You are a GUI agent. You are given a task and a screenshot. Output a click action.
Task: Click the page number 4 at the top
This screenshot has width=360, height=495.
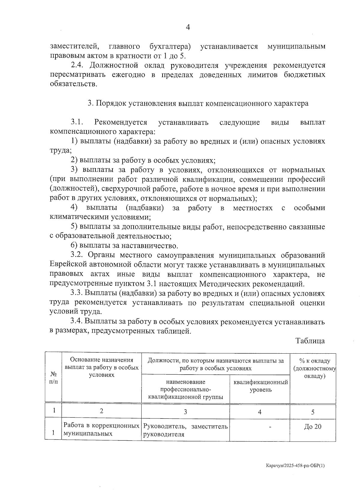pos(188,27)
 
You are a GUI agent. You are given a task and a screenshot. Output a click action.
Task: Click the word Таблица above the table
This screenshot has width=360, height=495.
pos(310,341)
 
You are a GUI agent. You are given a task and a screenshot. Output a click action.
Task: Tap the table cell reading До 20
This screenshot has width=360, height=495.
pos(313,427)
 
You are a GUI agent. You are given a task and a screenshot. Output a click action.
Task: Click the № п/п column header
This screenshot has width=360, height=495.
pos(53,378)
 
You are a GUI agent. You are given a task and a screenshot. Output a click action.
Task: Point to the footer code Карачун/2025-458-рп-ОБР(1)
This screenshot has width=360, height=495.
pos(295,466)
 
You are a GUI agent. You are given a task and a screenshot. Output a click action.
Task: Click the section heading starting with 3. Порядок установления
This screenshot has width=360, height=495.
pos(198,103)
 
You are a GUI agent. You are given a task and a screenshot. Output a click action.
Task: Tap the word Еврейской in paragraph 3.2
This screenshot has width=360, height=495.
pos(68,265)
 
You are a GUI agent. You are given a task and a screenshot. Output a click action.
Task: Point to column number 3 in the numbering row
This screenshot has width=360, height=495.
pos(185,412)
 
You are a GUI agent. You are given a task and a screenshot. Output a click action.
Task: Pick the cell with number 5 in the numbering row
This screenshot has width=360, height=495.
pos(313,412)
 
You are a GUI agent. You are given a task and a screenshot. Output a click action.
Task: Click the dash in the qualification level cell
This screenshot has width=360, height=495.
pos(270,427)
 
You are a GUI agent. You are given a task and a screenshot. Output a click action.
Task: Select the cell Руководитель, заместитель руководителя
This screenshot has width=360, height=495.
pos(185,430)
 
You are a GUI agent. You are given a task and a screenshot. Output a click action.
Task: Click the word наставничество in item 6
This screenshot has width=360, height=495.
pos(149,246)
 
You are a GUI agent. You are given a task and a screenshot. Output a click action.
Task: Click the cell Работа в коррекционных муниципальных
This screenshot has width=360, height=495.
pos(101,430)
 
